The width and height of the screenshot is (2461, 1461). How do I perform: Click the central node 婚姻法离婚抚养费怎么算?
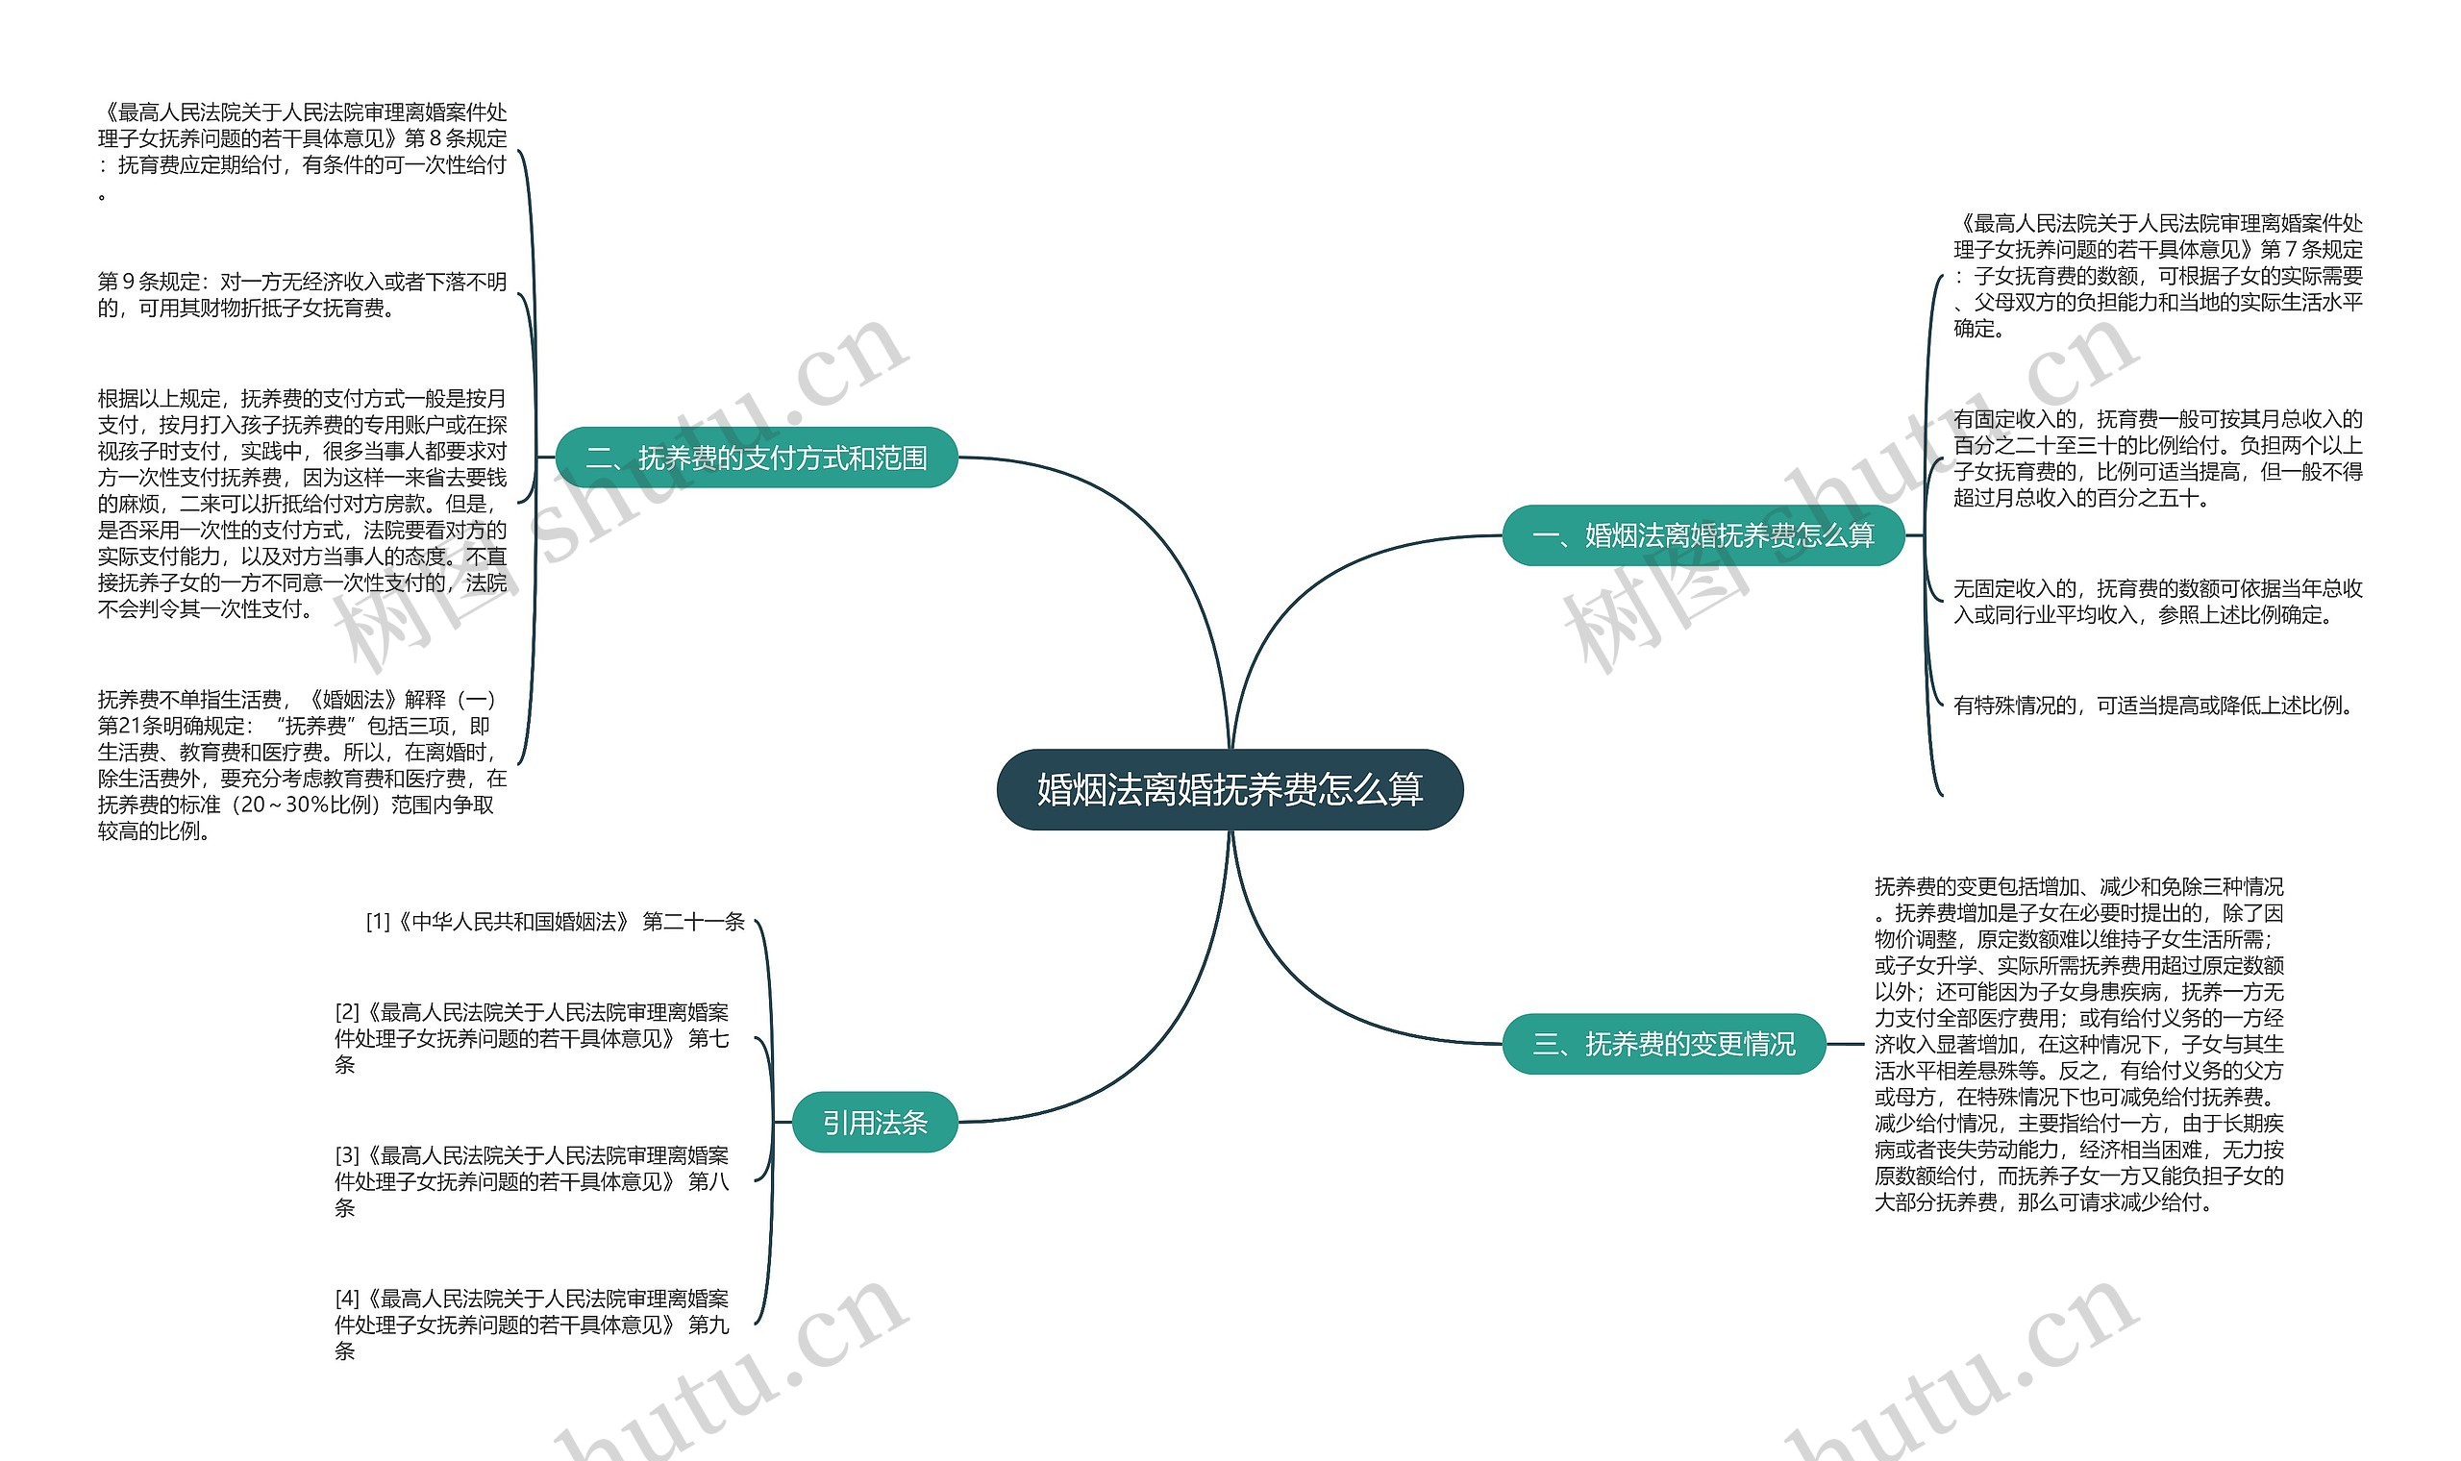[x=1230, y=789]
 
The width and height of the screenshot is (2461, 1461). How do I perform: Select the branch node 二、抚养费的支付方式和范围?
[x=756, y=458]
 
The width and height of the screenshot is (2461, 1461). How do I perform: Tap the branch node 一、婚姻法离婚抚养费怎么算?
[x=1703, y=535]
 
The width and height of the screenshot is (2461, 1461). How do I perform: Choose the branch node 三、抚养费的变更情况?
[x=1664, y=1044]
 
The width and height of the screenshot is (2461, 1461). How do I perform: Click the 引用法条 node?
[x=874, y=1123]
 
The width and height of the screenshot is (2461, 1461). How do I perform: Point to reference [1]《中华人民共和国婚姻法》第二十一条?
[x=556, y=922]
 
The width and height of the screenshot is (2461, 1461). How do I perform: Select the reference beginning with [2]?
[x=532, y=1038]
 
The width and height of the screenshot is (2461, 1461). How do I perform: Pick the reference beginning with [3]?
[x=532, y=1180]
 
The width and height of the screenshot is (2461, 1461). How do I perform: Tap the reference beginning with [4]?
[x=532, y=1325]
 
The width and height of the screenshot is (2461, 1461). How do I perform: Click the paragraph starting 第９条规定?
[x=302, y=294]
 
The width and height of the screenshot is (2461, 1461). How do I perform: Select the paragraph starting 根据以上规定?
[x=302, y=503]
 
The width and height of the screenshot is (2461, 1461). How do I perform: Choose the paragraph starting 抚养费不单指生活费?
[x=302, y=765]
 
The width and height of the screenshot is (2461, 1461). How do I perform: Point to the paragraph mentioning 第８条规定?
[x=302, y=152]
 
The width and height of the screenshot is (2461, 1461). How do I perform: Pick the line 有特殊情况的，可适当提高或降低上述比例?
[x=2151, y=705]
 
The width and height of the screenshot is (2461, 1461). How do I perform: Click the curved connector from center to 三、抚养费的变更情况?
[x=1309, y=995]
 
